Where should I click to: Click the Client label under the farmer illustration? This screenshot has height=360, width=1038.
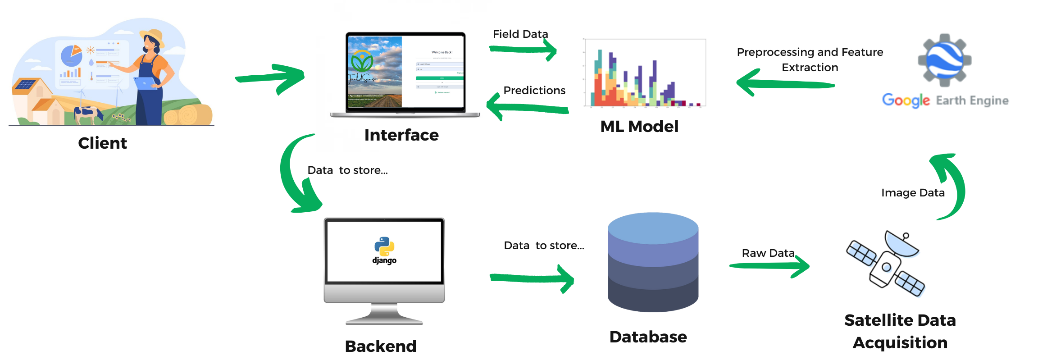pos(102,143)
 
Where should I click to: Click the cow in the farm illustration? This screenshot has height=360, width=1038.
pos(88,114)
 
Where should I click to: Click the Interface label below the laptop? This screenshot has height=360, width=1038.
pos(401,135)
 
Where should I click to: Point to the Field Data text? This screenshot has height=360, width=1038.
pos(520,34)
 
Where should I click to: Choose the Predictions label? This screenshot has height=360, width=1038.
pos(534,91)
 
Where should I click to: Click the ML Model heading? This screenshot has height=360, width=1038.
pos(639,127)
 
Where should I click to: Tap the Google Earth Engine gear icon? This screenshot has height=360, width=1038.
pos(944,60)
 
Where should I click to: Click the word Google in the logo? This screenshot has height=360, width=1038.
pos(906,100)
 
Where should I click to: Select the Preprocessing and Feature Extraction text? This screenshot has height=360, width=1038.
pos(810,60)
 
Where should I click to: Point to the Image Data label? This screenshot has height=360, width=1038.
pos(913,193)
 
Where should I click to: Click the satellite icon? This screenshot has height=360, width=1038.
pos(886,264)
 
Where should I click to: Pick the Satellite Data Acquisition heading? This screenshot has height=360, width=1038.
pos(900,331)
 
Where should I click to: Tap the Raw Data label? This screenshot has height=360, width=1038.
pos(768,253)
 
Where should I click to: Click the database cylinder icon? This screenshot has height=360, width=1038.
pos(653,262)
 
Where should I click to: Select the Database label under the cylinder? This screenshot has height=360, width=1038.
pos(648,337)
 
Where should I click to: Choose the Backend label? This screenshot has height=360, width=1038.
pos(381,346)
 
